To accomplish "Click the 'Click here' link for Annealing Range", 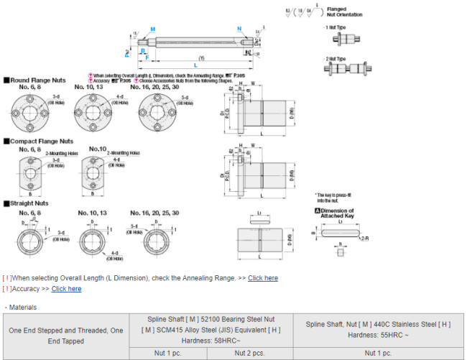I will point(262,278).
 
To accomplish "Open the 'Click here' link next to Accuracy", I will point(66,289).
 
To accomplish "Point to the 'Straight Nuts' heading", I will point(32,204).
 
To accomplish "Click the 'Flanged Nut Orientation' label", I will point(344,12).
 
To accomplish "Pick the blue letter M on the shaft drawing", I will point(152,29).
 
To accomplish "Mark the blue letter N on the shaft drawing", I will point(239,29).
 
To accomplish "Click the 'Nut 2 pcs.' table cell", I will point(247,353).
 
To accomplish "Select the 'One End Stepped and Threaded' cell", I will point(65,336).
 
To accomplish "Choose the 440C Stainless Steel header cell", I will point(378,329).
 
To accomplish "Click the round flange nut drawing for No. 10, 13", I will point(95,114).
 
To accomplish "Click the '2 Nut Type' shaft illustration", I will point(348,69).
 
